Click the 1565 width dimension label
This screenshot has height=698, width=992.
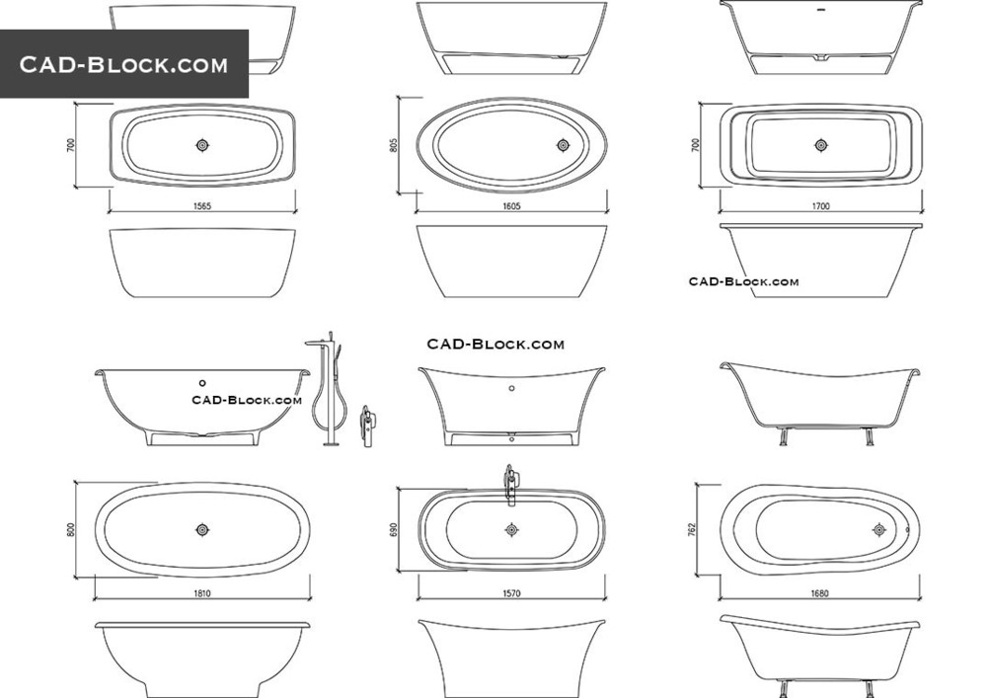coord(202,207)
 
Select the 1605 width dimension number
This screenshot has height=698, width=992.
coord(511,207)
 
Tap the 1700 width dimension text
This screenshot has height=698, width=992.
coord(820,207)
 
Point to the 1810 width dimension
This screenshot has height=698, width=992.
coord(202,593)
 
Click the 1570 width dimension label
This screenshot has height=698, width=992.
coord(511,593)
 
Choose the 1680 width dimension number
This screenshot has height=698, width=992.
coord(820,593)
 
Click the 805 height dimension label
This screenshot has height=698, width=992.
coord(393,145)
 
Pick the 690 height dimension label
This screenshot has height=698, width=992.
coord(393,529)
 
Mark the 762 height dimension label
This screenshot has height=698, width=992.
coord(695,529)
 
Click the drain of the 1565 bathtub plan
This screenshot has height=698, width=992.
coord(202,145)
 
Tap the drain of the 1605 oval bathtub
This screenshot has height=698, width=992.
coord(563,145)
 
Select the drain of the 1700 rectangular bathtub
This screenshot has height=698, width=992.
coord(820,145)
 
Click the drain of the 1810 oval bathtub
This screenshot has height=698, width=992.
coord(202,529)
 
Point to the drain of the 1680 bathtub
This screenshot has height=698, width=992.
coord(879,529)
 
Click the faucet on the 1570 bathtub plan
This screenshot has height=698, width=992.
coord(510,483)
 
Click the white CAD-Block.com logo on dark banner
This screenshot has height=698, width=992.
coord(123,65)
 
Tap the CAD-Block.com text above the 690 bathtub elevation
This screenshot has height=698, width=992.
coord(496,345)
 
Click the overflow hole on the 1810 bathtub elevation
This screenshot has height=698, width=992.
coord(202,382)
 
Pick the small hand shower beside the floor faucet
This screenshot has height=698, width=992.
coord(368,426)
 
